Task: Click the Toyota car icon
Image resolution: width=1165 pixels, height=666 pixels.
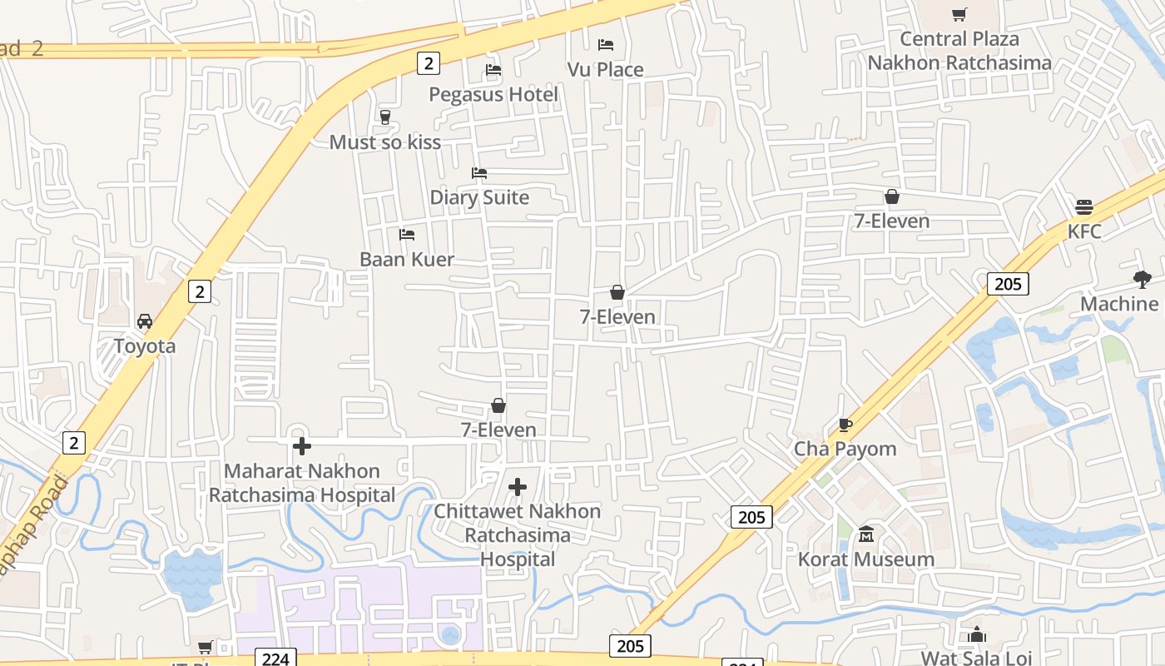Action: tap(145, 321)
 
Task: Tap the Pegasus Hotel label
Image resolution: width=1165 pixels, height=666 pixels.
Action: tap(493, 94)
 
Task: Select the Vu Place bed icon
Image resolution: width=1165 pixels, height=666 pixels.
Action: tap(606, 45)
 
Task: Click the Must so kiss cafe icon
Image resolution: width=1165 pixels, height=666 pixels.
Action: tap(384, 117)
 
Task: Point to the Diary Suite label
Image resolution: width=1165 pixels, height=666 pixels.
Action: tap(479, 197)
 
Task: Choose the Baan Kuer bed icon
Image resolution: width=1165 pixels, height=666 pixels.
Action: tap(407, 235)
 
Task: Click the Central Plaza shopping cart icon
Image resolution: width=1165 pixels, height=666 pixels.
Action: tap(959, 14)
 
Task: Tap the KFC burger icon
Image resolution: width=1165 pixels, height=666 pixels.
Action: tap(1083, 207)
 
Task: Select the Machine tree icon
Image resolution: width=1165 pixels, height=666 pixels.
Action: tap(1143, 280)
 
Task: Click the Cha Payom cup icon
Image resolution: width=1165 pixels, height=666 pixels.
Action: tap(845, 425)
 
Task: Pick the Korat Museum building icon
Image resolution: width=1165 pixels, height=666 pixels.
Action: tap(866, 534)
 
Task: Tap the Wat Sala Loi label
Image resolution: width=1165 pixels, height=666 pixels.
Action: tap(976, 658)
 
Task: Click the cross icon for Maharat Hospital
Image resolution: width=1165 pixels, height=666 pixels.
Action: tap(301, 446)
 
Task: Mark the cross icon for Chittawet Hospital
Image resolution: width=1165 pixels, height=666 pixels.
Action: tap(518, 487)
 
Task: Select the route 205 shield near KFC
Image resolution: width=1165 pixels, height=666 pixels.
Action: tap(1008, 284)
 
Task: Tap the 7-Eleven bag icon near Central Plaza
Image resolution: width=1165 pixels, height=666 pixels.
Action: tap(891, 197)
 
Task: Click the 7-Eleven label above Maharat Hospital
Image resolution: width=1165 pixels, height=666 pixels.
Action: tap(498, 430)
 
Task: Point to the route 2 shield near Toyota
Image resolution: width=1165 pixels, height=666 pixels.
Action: tap(199, 291)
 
